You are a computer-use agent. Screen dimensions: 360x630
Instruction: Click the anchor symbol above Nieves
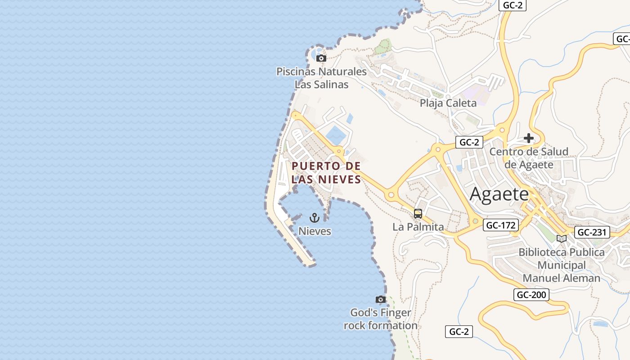[315, 218]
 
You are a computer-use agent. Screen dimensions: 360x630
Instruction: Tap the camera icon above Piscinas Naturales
[321, 58]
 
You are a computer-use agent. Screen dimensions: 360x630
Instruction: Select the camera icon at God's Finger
[381, 299]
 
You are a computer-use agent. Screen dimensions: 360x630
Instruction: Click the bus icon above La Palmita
[418, 214]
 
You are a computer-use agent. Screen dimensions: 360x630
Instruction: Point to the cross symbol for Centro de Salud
[529, 138]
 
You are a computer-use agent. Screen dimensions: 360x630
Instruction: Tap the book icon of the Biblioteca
[561, 238]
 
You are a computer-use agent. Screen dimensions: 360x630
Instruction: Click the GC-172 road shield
[501, 225]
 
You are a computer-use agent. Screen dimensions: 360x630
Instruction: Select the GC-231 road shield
[593, 232]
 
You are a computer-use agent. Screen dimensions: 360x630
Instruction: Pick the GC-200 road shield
[531, 295]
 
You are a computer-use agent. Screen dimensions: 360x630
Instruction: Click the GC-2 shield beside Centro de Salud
[469, 142]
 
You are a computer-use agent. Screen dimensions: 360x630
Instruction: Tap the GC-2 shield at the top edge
[513, 5]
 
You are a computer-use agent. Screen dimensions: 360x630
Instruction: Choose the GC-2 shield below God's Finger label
[459, 332]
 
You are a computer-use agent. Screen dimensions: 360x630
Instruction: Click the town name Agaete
[499, 194]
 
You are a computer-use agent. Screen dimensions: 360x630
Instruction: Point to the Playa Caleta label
[448, 103]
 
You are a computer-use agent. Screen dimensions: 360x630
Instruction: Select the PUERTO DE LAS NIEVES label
[326, 173]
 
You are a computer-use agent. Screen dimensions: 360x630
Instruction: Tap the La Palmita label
[418, 227]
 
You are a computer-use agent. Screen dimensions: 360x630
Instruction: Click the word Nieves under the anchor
[315, 231]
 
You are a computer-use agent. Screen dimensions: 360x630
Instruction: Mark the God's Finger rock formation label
[381, 319]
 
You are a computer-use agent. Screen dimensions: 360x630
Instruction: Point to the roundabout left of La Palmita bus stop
[391, 195]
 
